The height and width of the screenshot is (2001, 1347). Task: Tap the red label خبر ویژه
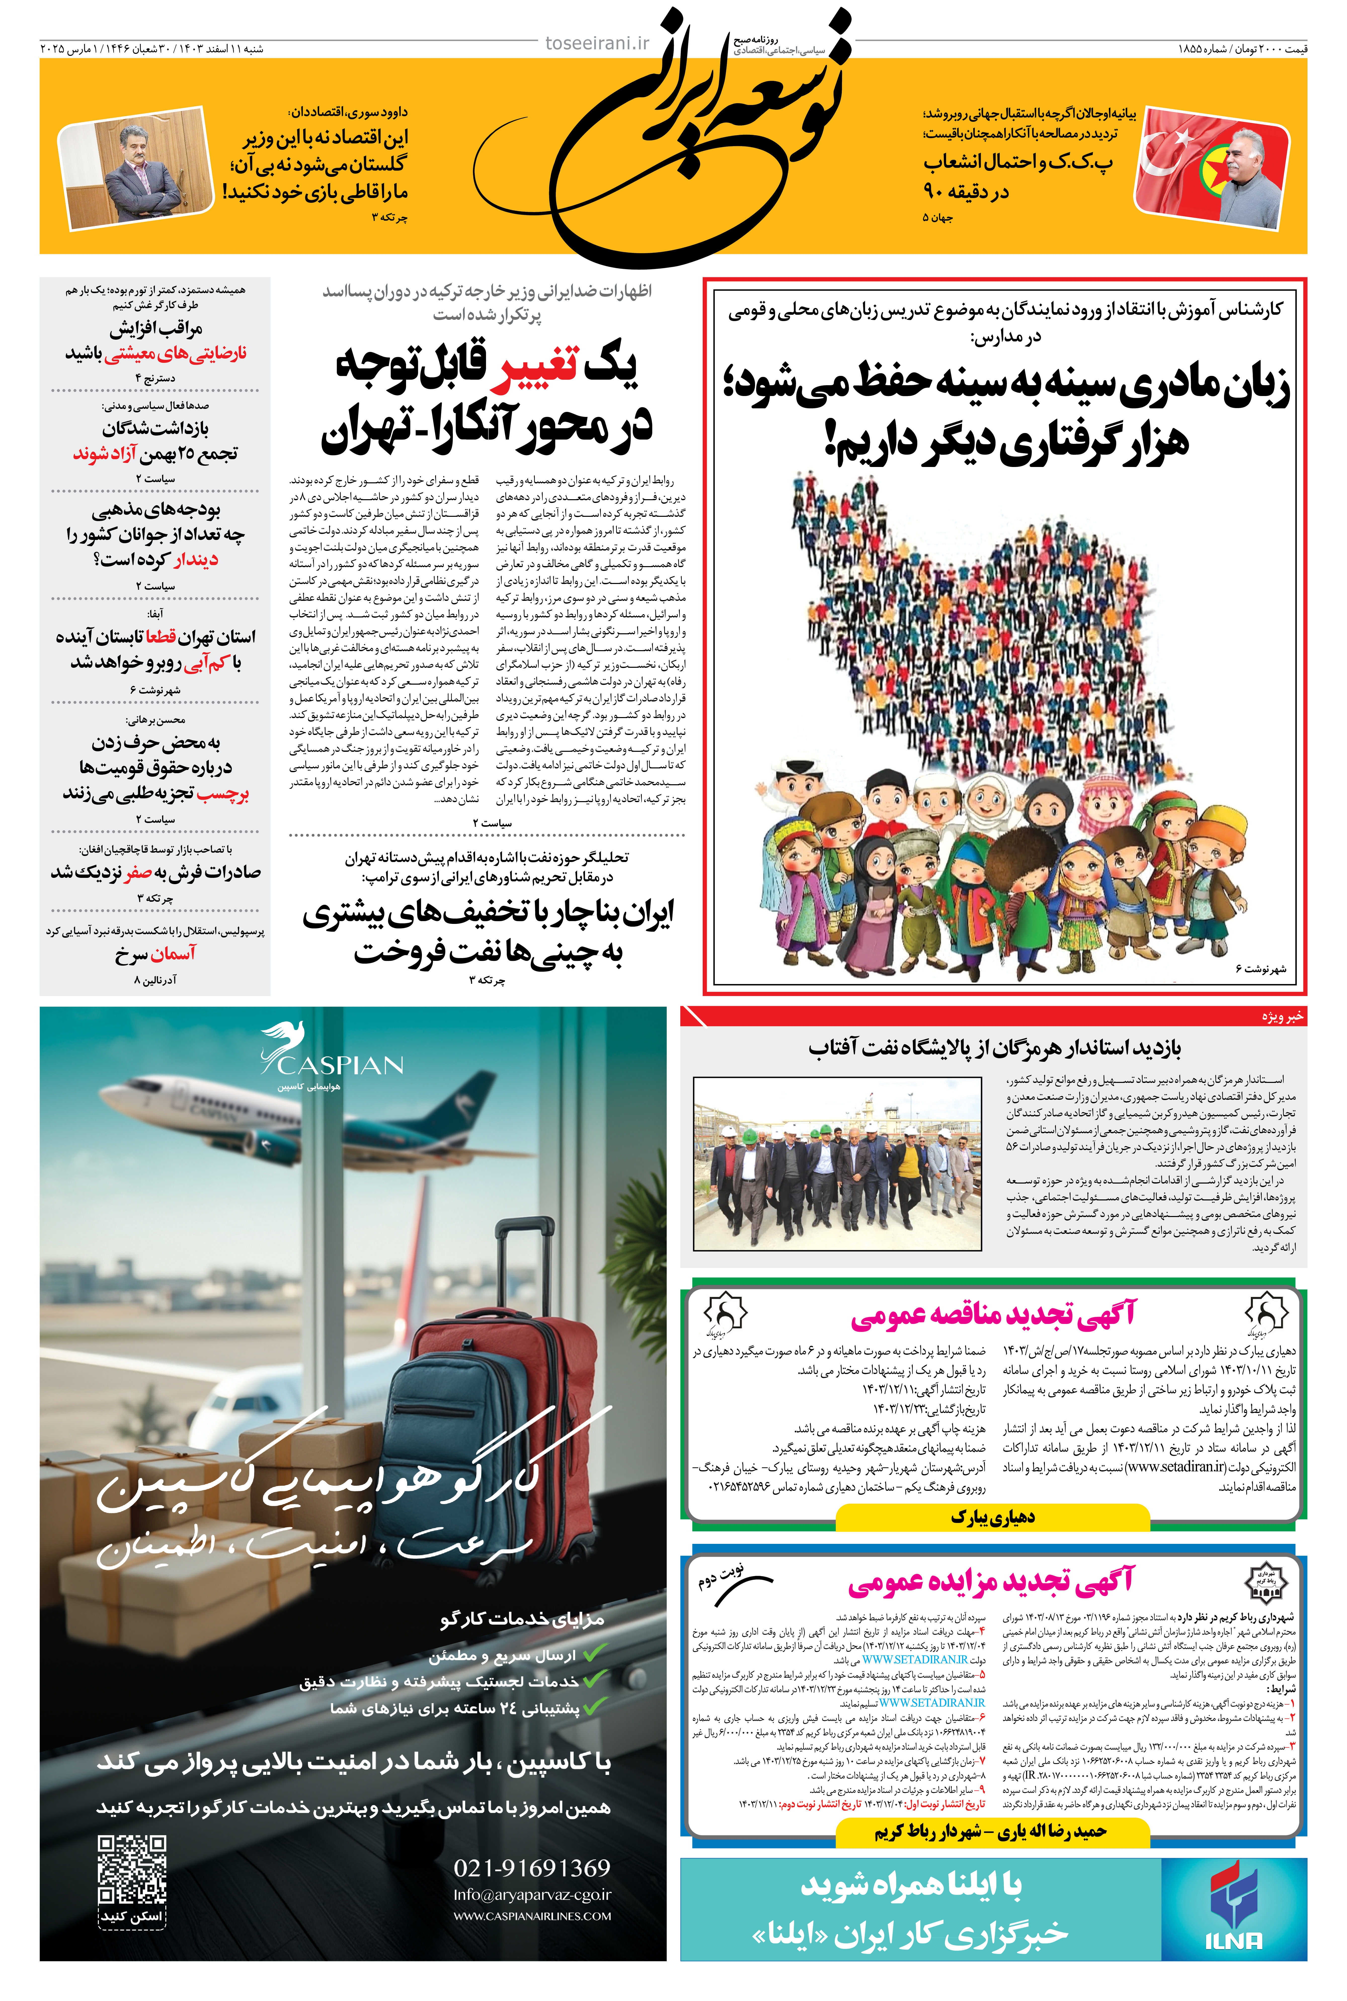pyautogui.click(x=1283, y=1016)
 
